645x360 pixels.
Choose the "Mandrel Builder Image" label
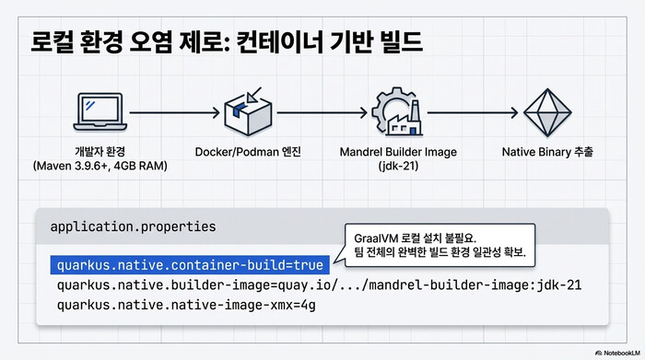[x=399, y=151]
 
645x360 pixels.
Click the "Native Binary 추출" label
[x=546, y=151]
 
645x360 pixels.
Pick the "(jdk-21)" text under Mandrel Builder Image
[x=399, y=167]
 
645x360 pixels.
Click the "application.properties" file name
[x=120, y=226]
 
